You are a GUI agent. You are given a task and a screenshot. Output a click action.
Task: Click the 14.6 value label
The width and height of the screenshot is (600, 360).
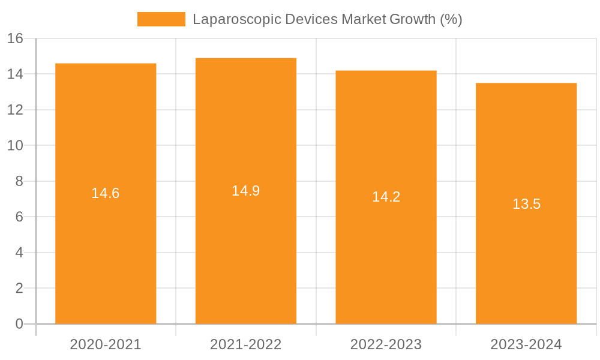[x=106, y=193]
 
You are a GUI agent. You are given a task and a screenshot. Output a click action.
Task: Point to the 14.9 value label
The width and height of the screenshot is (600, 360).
[x=246, y=191]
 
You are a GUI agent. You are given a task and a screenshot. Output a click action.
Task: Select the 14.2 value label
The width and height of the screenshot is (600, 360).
[x=386, y=197]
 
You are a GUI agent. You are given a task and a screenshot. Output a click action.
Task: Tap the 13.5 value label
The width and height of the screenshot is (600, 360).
[x=526, y=204]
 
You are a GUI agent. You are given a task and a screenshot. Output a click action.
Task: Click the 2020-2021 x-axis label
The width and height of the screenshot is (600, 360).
[x=106, y=344]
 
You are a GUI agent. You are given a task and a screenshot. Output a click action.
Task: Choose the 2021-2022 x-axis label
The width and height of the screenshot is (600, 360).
[x=246, y=344]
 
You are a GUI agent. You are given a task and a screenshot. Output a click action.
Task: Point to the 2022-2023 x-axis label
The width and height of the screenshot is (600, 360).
[x=386, y=344]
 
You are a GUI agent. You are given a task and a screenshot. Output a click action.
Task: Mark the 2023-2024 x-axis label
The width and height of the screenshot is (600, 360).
[x=526, y=344]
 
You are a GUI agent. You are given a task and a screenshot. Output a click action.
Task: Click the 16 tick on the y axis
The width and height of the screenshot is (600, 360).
[x=15, y=38]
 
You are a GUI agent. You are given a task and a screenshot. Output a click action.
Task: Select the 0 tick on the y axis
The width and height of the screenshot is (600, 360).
[x=19, y=324]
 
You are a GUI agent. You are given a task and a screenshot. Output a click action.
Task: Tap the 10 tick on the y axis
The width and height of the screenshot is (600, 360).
[x=15, y=146]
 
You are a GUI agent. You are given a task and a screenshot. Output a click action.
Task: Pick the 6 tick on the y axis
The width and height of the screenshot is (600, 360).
[x=19, y=217]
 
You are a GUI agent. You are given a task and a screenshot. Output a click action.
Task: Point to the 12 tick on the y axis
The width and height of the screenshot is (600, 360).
[x=15, y=110]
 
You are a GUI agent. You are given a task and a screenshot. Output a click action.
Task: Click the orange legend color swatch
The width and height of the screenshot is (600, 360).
[x=161, y=19]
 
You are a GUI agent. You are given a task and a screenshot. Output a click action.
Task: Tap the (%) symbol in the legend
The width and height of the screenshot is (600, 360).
[x=451, y=19]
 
